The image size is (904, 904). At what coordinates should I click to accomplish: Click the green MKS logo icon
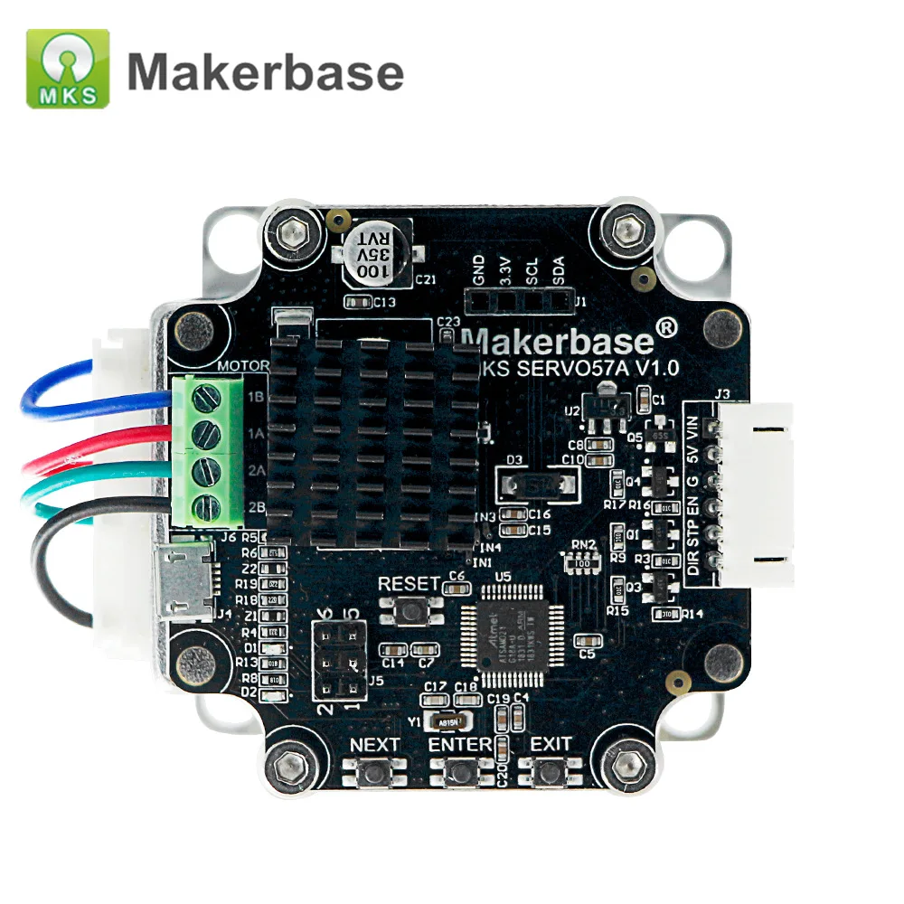(68, 69)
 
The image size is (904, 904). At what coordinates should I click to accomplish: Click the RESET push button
(412, 611)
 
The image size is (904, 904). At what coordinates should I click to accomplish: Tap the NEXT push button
(373, 773)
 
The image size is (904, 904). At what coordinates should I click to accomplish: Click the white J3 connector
(755, 494)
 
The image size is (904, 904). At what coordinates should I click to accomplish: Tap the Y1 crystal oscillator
(449, 721)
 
